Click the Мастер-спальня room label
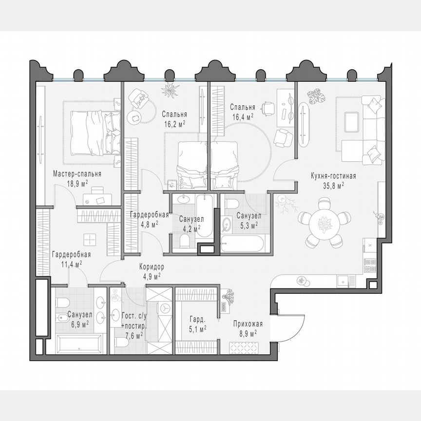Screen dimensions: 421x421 77,173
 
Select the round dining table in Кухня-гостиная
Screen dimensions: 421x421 323,224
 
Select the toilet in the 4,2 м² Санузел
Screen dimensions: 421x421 185,241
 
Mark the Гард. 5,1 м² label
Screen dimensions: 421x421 198,324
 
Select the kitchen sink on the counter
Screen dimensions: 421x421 345,280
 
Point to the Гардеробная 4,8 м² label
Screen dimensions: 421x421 149,219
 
